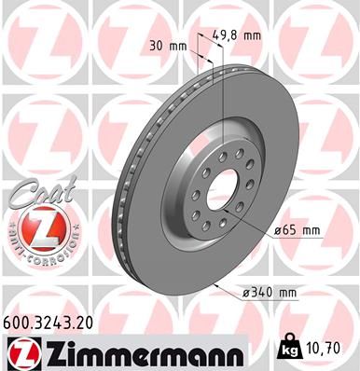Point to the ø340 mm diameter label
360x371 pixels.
269,294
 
